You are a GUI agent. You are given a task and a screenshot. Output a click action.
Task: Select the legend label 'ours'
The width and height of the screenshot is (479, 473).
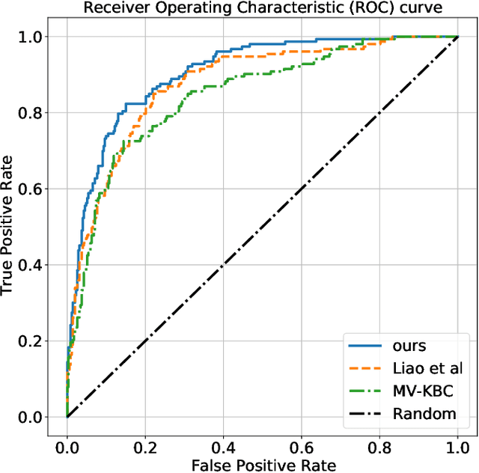pos(409,346)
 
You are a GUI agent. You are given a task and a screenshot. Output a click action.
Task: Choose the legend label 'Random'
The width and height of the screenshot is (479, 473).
pos(425,413)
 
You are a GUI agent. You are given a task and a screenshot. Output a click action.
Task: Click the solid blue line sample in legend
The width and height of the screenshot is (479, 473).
pos(367,346)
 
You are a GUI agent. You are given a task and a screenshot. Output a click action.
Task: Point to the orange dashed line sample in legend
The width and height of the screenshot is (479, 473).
pos(367,368)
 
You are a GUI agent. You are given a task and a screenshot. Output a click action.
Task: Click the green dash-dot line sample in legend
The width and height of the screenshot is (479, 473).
pos(367,391)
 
